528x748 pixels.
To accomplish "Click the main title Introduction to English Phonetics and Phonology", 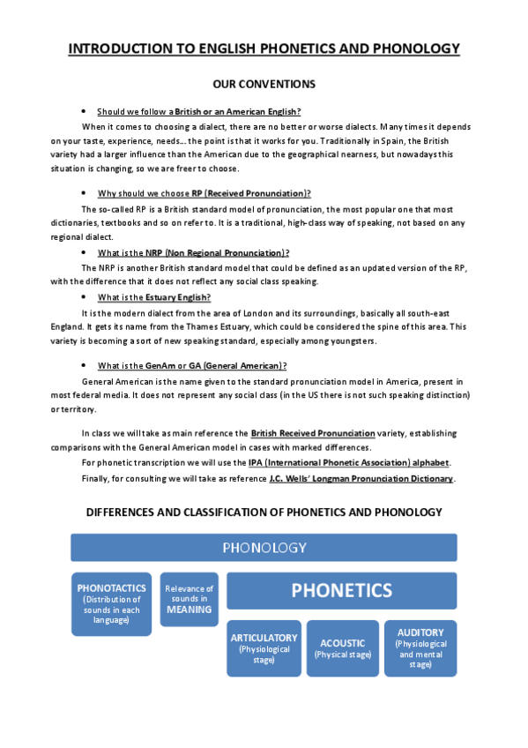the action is [x=264, y=49].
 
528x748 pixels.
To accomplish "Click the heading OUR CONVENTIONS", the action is [x=264, y=85].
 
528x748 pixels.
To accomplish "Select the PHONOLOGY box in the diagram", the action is [x=264, y=548].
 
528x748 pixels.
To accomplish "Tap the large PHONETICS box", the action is [x=342, y=590].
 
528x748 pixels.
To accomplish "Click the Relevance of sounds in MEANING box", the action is [x=190, y=599].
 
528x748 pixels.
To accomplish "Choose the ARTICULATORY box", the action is [x=264, y=648].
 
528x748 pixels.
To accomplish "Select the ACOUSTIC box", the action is [x=342, y=648].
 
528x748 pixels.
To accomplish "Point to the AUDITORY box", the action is [x=420, y=648].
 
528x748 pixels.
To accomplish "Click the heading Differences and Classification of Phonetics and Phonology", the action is [x=264, y=512].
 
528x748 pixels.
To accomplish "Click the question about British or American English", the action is [x=199, y=111].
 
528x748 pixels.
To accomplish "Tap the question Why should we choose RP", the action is [x=204, y=193].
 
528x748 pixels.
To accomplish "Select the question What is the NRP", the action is [x=194, y=253].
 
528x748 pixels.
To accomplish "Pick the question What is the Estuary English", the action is [x=154, y=297].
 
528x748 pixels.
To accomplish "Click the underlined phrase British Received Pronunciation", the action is [x=312, y=434].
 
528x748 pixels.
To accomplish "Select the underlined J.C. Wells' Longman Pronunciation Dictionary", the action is [x=361, y=478].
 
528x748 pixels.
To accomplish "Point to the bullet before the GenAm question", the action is [x=82, y=365].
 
